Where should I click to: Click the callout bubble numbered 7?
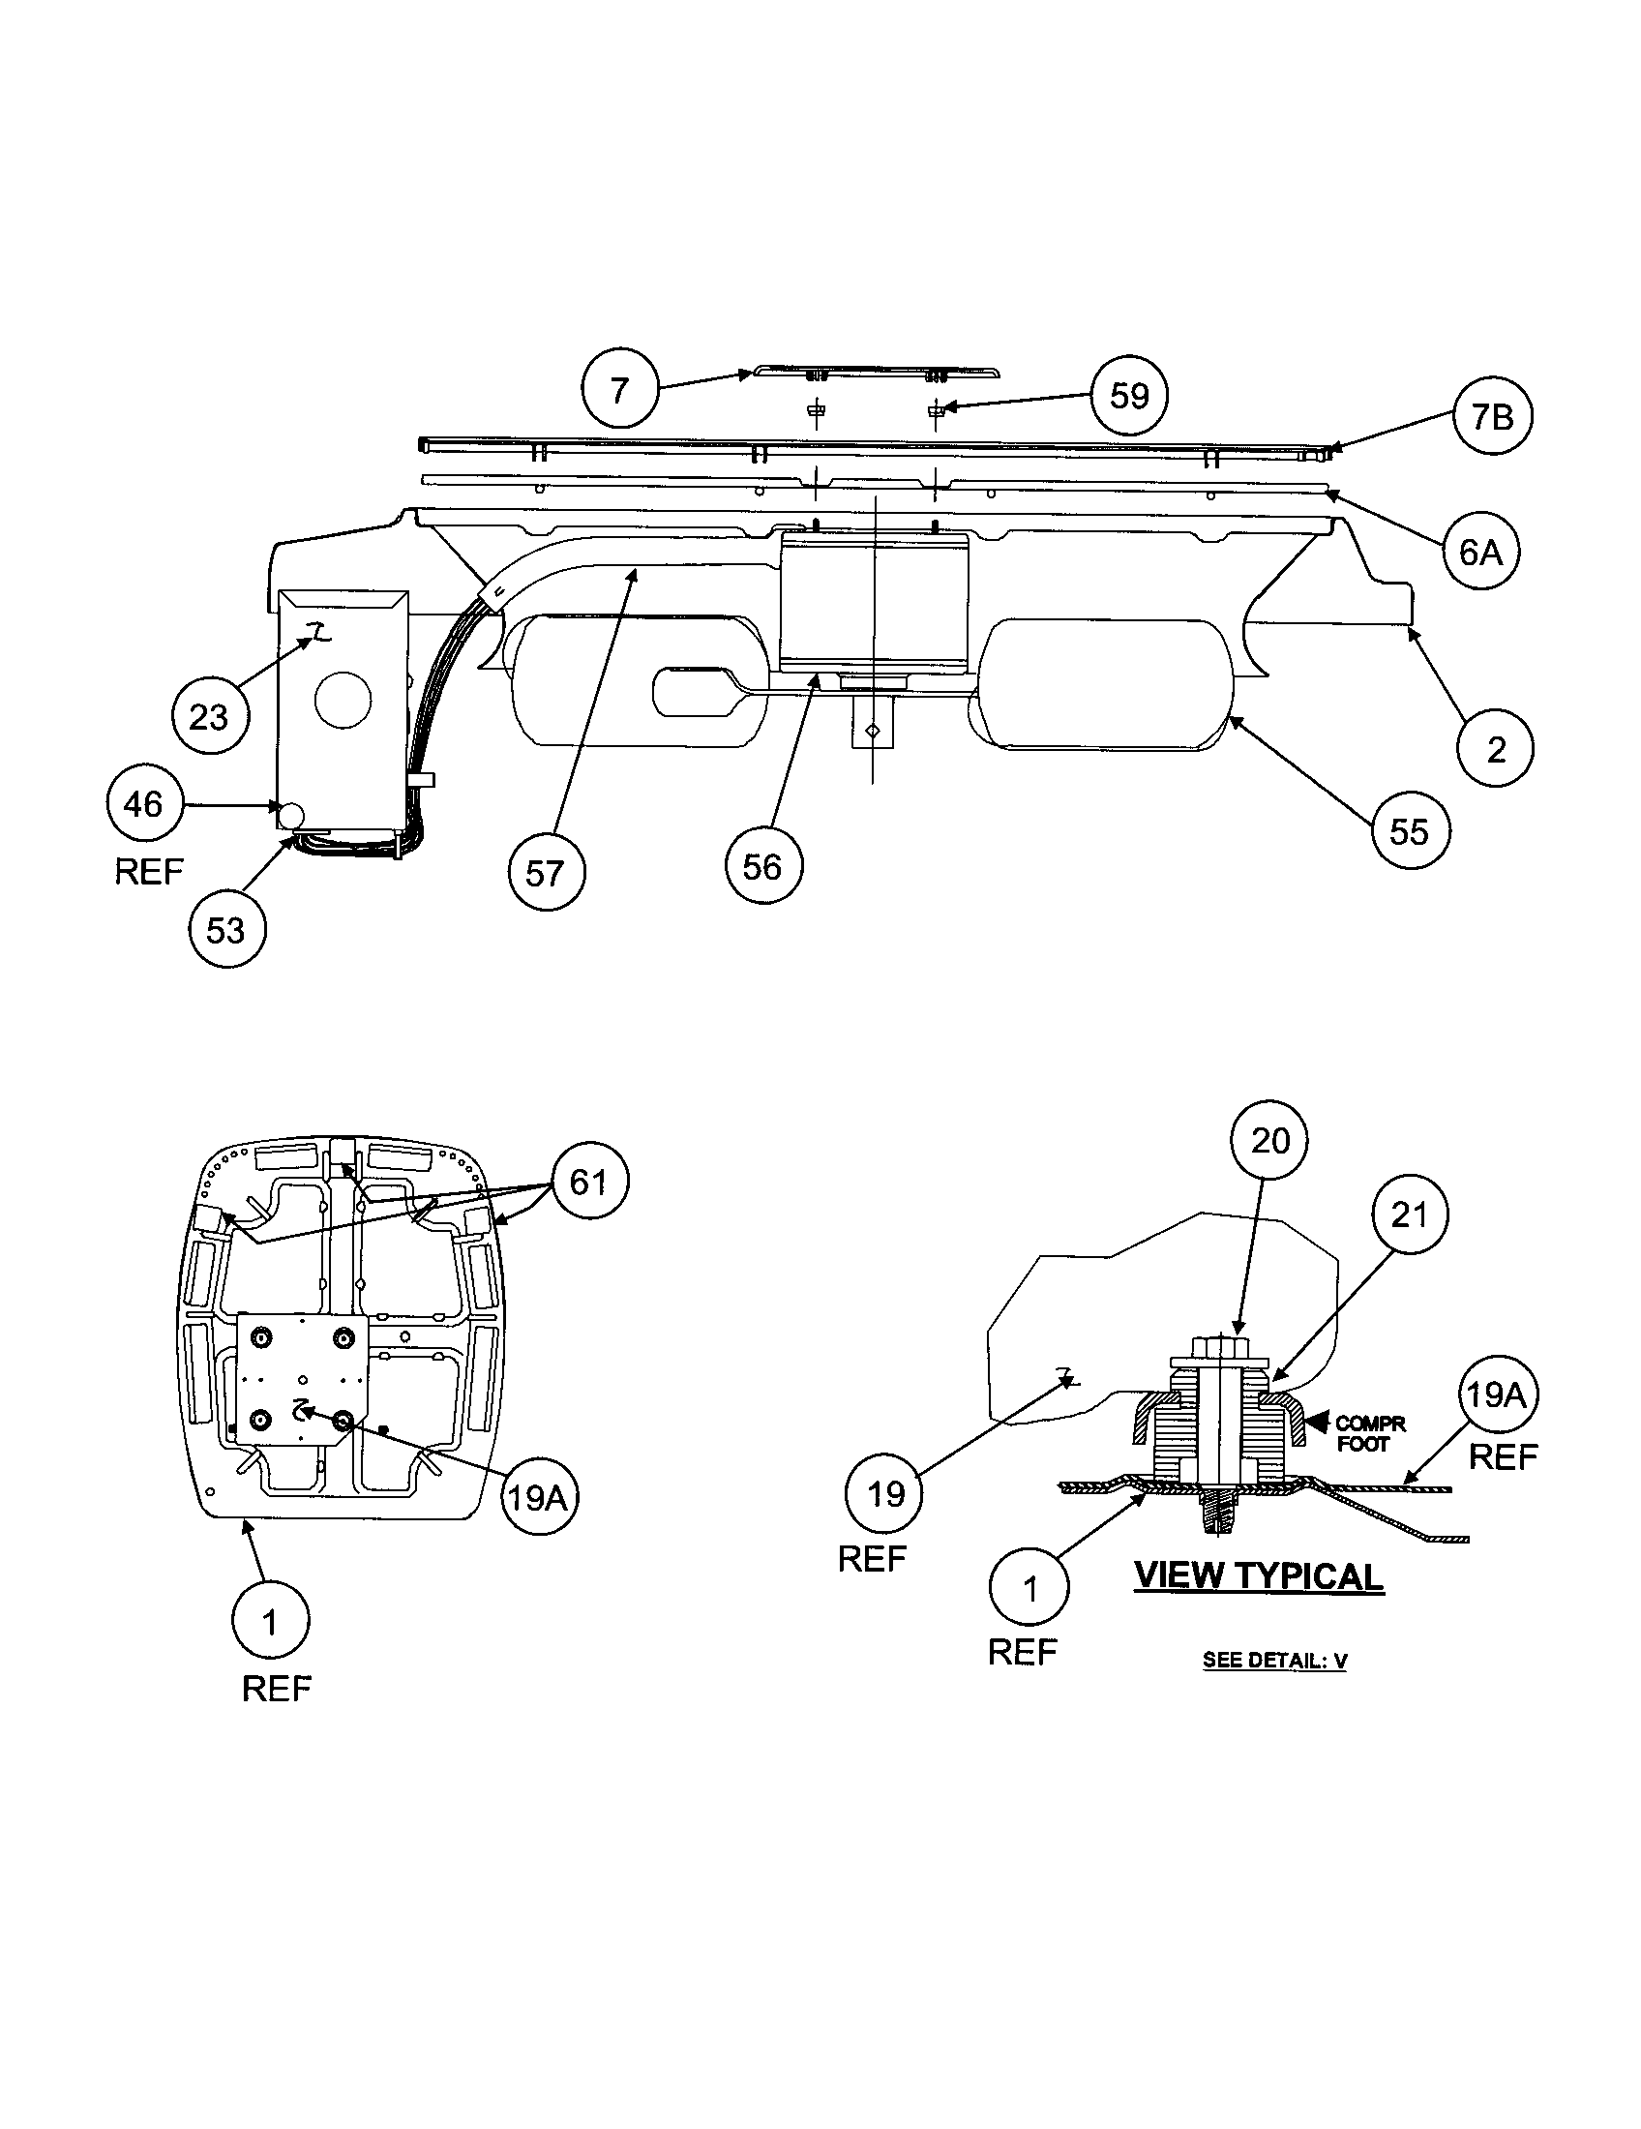point(620,390)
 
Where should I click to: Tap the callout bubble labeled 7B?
point(1492,417)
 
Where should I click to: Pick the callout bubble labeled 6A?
point(1480,552)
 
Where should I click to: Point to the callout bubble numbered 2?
point(1496,749)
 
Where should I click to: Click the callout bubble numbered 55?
point(1409,831)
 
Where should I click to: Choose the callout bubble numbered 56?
point(763,866)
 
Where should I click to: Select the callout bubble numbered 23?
point(210,716)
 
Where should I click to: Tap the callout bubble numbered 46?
point(144,804)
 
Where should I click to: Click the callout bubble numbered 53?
point(226,929)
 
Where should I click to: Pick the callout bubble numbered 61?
point(589,1182)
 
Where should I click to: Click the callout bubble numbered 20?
point(1269,1141)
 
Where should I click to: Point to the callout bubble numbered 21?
point(1409,1214)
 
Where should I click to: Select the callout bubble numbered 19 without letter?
point(884,1493)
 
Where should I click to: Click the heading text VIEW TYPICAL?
point(1259,1576)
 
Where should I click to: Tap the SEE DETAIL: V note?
point(1274,1660)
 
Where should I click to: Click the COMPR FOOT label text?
point(1368,1434)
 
